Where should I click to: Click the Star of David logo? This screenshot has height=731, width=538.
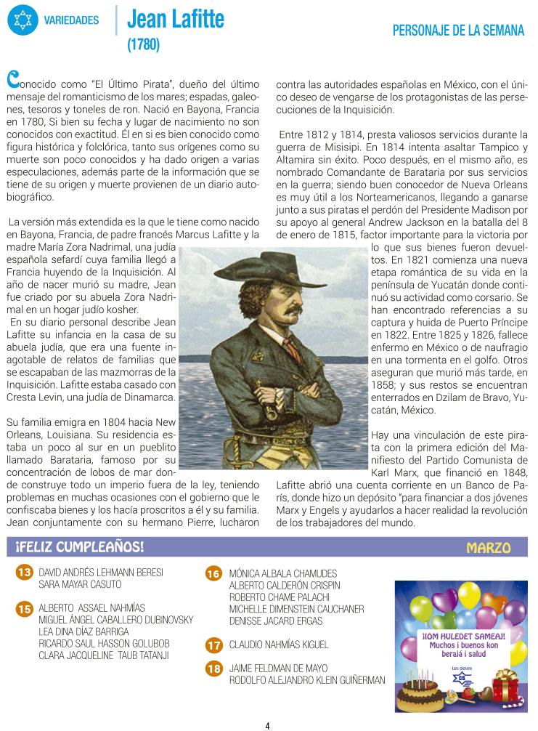click(x=23, y=20)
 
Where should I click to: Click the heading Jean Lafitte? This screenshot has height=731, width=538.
click(x=176, y=19)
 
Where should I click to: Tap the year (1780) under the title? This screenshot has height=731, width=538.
click(x=143, y=45)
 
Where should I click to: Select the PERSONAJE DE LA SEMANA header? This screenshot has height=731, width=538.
click(x=458, y=31)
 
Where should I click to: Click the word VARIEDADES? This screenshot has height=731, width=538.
click(x=71, y=20)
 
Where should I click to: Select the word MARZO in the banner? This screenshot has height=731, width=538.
click(x=488, y=547)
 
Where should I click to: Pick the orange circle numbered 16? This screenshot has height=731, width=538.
click(x=213, y=574)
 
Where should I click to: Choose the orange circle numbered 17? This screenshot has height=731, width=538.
click(x=213, y=645)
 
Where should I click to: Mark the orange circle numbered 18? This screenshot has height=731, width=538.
click(x=213, y=669)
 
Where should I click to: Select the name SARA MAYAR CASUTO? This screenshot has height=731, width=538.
click(x=80, y=584)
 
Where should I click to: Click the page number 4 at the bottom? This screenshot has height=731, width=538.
click(x=267, y=724)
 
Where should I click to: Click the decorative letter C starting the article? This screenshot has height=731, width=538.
click(x=12, y=76)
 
